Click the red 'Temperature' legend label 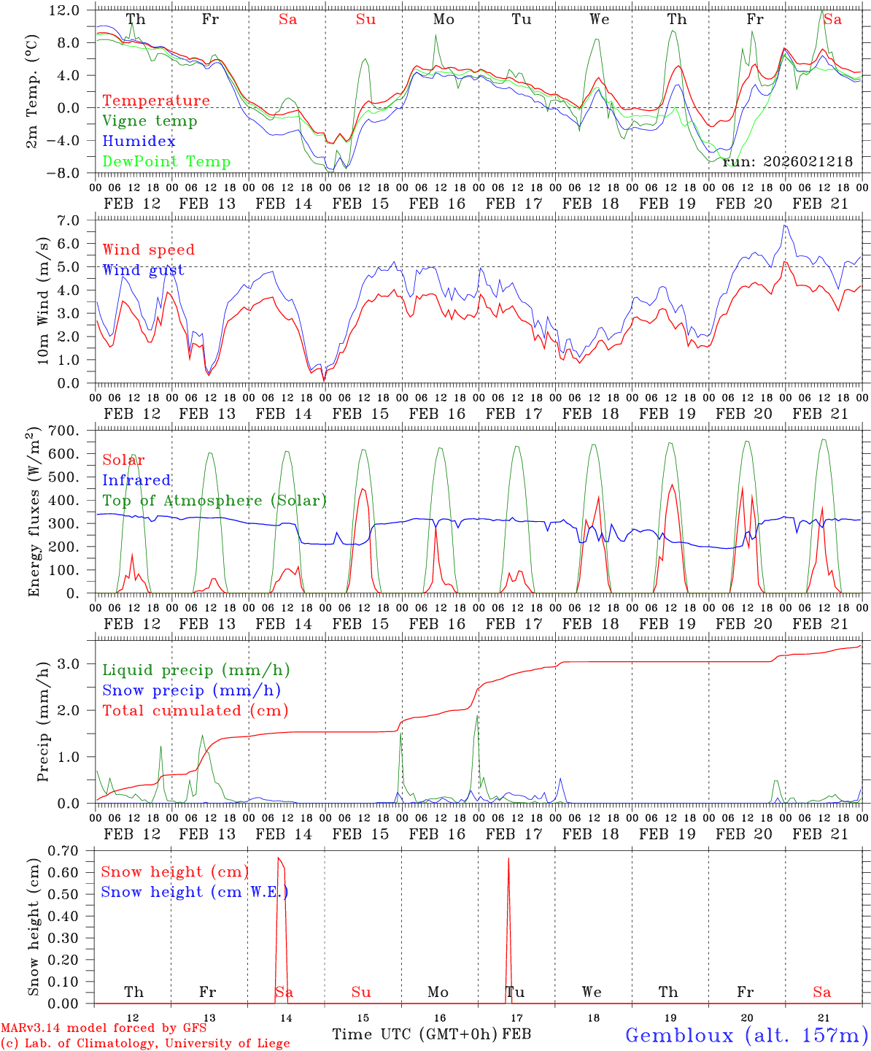[156, 101]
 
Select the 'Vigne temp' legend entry [150, 121]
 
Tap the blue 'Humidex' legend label [139, 142]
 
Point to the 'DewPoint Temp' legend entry [166, 162]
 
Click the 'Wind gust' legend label [143, 271]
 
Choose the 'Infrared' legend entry [136, 480]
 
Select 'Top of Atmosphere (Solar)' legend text [214, 501]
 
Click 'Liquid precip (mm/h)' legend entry [196, 670]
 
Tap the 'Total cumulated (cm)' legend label [196, 711]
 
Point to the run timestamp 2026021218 [787, 162]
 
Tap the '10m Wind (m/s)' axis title [44, 301]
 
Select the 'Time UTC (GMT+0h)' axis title [415, 1034]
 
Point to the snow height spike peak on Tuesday [508, 859]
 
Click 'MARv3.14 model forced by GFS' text [104, 1028]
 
